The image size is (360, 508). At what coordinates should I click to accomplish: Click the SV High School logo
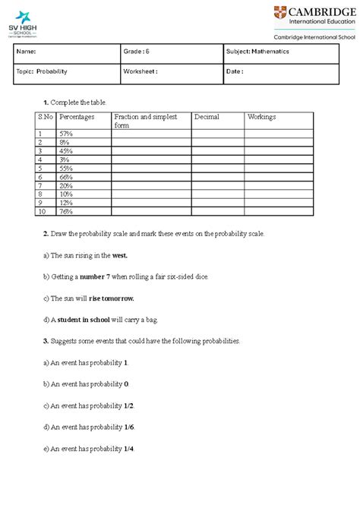pyautogui.click(x=24, y=23)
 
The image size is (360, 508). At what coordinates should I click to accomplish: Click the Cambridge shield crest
pyautogui.click(x=281, y=14)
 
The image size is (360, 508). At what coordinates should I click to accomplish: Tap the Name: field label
pyautogui.click(x=27, y=52)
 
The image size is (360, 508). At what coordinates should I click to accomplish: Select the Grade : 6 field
pyautogui.click(x=136, y=52)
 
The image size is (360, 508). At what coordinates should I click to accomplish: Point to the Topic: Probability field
pyautogui.click(x=42, y=71)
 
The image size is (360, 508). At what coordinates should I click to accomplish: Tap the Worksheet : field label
pyautogui.click(x=140, y=71)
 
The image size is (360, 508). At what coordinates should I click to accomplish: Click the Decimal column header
pyautogui.click(x=207, y=117)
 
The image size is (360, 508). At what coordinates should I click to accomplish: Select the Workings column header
pyautogui.click(x=261, y=117)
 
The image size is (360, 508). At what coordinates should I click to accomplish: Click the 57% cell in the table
pyautogui.click(x=66, y=133)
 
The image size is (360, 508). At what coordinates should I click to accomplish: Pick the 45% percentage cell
pyautogui.click(x=66, y=150)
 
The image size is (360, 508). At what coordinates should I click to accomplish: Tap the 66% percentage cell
pyautogui.click(x=66, y=176)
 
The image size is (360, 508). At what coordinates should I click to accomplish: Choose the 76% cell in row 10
pyautogui.click(x=66, y=211)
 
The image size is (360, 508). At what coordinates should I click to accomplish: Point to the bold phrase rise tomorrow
pyautogui.click(x=115, y=298)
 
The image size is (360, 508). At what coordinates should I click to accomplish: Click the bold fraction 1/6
pyautogui.click(x=131, y=428)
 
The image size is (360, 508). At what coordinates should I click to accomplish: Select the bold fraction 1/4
pyautogui.click(x=131, y=449)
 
